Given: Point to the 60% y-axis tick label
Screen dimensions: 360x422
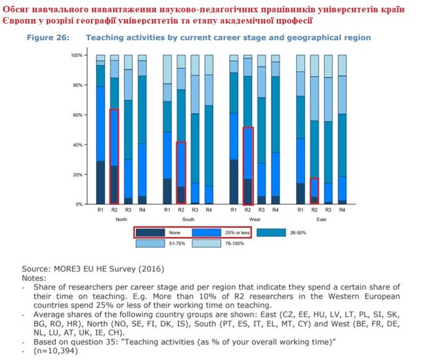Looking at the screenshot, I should (x=78, y=115).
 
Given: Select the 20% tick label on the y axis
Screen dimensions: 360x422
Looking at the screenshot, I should (x=78, y=175).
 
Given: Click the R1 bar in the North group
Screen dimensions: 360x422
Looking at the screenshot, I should (x=101, y=129).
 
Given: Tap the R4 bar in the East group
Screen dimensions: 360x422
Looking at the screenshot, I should (x=342, y=129).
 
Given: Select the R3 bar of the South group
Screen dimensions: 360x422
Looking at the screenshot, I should (x=195, y=129).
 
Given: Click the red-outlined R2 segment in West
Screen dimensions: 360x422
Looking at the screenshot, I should (x=248, y=166).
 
